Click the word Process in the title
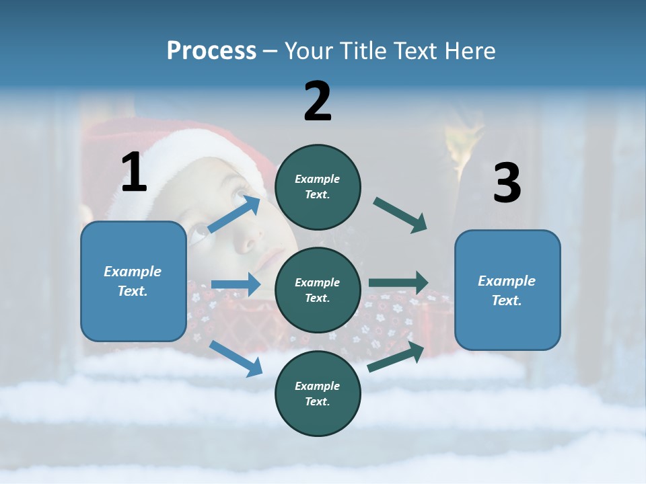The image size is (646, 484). (x=211, y=51)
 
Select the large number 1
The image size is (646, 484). (x=134, y=173)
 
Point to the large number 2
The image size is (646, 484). (x=318, y=102)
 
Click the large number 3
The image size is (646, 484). (x=507, y=183)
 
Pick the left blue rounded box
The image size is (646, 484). (x=133, y=281)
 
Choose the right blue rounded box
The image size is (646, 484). (x=507, y=290)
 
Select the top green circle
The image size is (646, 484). (x=318, y=187)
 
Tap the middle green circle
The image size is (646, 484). (x=318, y=290)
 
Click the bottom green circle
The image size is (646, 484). (x=318, y=393)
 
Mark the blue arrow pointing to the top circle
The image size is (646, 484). (x=234, y=214)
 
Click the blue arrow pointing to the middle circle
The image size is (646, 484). (x=236, y=284)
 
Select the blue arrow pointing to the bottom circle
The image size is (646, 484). (x=236, y=358)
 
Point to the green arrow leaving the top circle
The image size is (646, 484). (x=400, y=214)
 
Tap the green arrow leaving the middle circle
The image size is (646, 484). (x=398, y=282)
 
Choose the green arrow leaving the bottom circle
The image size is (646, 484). (x=396, y=357)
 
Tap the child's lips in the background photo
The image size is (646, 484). (x=273, y=258)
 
